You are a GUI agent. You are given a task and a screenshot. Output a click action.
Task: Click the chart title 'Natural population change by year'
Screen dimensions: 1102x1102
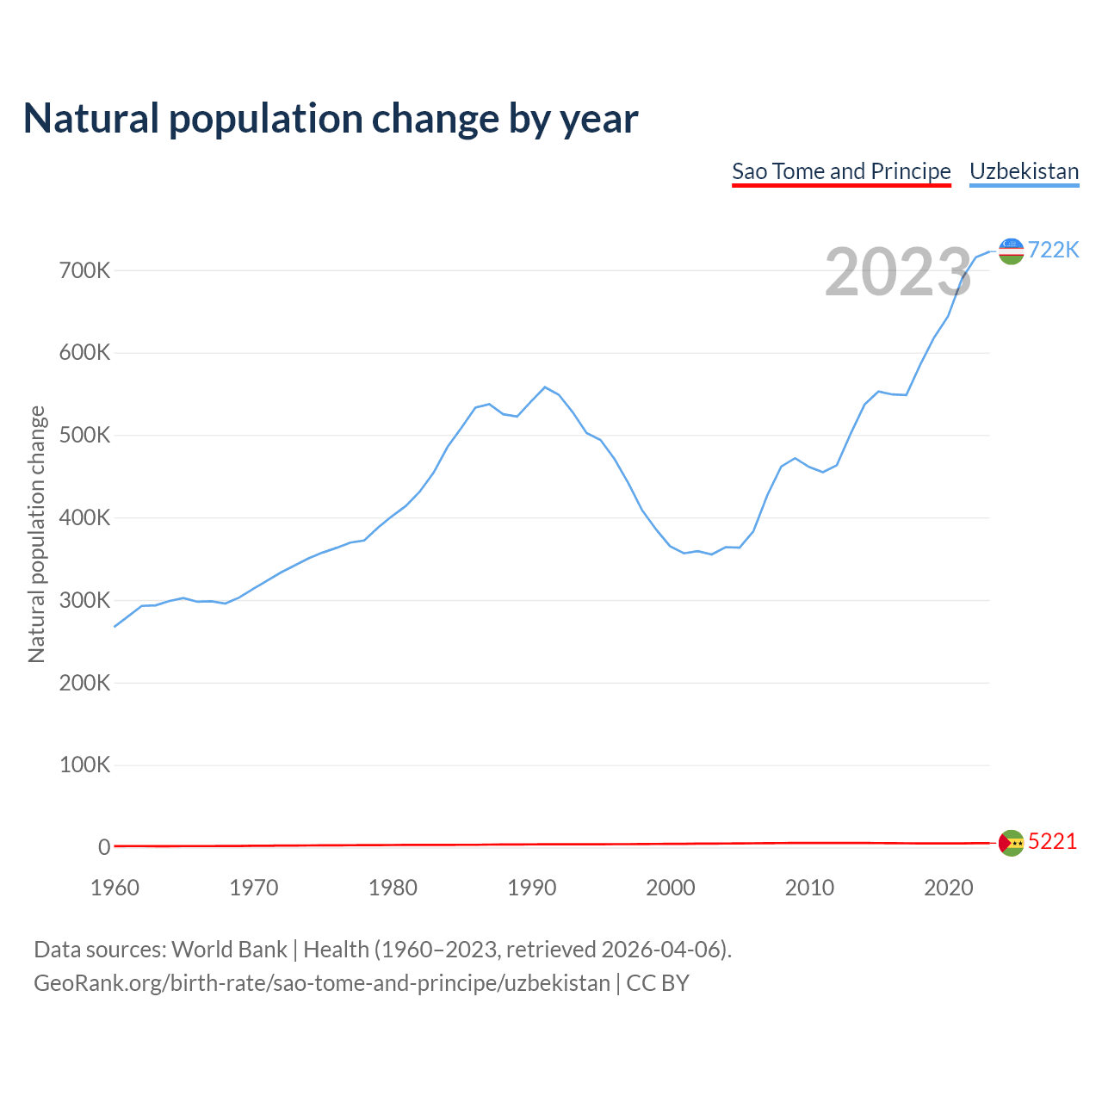(x=331, y=119)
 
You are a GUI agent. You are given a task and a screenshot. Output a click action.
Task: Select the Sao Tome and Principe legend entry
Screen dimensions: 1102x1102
(x=841, y=171)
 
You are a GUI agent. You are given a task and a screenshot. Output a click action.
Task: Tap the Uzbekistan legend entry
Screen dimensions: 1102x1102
(x=1024, y=171)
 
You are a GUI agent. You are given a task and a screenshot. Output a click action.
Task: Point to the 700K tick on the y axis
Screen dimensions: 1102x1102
(x=85, y=271)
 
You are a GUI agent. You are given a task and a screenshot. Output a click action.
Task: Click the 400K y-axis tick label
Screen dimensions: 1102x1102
(x=85, y=518)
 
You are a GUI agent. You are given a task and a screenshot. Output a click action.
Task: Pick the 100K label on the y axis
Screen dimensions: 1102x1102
(x=85, y=765)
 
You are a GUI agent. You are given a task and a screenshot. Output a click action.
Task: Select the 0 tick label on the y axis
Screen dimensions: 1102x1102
(x=104, y=847)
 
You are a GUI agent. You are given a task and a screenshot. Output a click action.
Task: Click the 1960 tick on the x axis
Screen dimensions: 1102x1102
(x=115, y=888)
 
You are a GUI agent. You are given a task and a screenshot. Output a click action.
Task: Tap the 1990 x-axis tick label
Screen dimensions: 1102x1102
(x=532, y=888)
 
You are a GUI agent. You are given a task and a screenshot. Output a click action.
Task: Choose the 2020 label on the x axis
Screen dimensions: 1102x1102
(x=948, y=888)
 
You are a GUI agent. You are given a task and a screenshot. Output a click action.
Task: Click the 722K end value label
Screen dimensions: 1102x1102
(x=1053, y=250)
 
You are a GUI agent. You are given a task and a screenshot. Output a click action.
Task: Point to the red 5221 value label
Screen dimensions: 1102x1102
(x=1052, y=841)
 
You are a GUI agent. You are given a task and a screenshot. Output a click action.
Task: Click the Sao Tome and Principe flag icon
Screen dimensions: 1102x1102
(x=1011, y=843)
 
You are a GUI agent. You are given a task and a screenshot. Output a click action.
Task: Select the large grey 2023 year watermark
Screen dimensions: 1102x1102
(x=898, y=272)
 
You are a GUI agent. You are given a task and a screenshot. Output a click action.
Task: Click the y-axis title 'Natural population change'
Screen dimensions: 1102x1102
(x=36, y=534)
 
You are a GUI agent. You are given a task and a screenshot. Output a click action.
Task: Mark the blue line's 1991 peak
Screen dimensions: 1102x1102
(x=545, y=387)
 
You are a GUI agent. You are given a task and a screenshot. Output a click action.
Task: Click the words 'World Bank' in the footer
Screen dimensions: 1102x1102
(x=229, y=950)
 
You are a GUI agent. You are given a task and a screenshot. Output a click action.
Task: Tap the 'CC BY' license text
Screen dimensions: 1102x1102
(x=658, y=983)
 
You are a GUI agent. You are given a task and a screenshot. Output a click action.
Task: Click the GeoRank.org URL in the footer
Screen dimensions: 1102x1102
(x=321, y=983)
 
